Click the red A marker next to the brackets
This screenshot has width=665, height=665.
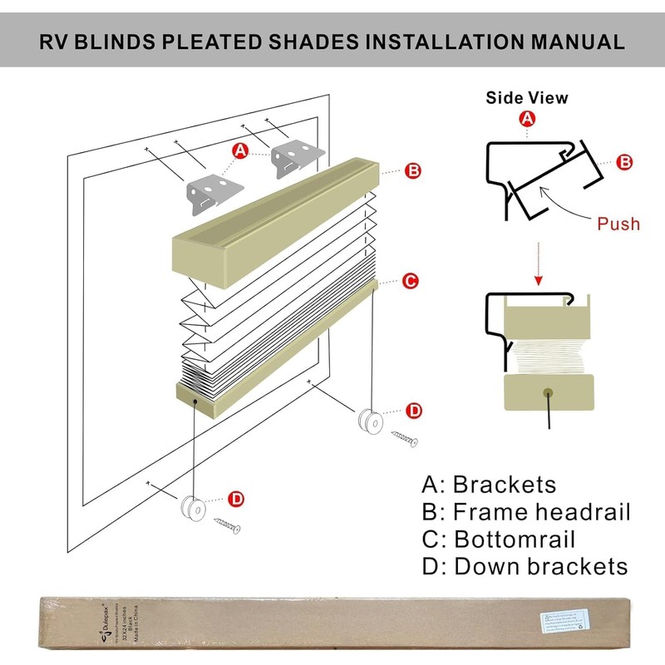241,150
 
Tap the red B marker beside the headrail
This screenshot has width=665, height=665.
413,171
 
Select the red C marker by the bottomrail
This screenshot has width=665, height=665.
410,281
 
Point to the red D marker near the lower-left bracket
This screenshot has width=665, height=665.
236,499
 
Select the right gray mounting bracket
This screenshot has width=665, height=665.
298,155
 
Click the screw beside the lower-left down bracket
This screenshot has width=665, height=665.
226,525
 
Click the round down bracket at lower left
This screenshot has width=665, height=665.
192,508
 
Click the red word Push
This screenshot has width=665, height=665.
618,223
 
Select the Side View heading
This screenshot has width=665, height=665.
527,98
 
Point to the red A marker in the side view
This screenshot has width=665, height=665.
526,121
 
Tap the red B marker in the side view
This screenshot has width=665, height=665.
625,163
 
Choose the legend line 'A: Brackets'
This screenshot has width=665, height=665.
489,485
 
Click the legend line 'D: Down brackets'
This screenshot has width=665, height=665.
525,567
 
